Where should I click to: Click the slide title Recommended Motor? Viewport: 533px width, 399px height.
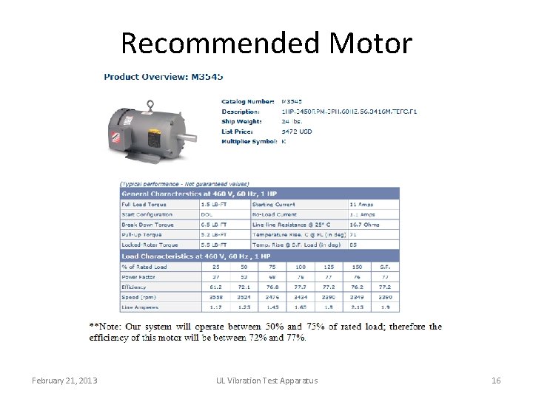pyautogui.click(x=266, y=43)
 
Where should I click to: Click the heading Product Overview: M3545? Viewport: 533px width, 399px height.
pyautogui.click(x=163, y=77)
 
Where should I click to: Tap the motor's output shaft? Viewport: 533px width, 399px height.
pyautogui.click(x=190, y=137)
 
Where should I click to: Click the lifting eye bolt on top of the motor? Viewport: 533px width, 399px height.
pyautogui.click(x=150, y=105)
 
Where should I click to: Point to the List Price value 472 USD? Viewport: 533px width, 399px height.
pyautogui.click(x=298, y=131)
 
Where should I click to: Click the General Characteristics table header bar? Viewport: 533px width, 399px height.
pyautogui.click(x=259, y=193)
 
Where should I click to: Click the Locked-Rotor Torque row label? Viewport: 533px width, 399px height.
pyautogui.click(x=150, y=245)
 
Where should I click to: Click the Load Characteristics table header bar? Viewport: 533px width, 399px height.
pyautogui.click(x=259, y=256)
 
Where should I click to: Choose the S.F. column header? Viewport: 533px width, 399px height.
pyautogui.click(x=384, y=266)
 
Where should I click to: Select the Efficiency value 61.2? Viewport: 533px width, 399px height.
pyautogui.click(x=215, y=287)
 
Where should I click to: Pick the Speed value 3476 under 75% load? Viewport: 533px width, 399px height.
pyautogui.click(x=272, y=297)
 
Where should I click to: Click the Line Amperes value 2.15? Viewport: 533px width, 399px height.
pyautogui.click(x=357, y=307)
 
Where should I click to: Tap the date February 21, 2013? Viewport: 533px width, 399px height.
pyautogui.click(x=64, y=381)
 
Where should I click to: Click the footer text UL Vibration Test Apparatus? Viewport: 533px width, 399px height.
pyautogui.click(x=266, y=381)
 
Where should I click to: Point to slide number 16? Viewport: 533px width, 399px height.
pyautogui.click(x=496, y=381)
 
